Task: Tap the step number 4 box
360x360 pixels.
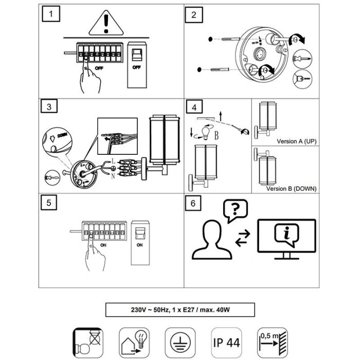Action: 193,107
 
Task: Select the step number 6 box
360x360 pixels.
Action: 193,203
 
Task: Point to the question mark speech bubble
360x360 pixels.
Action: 234,210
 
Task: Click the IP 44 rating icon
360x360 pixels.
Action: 226,341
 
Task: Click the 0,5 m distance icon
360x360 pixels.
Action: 273,340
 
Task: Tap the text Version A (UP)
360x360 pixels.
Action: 296,141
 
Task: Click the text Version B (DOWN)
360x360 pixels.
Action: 291,189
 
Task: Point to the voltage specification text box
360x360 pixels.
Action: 180,310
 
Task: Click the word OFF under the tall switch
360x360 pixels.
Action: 137,67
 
